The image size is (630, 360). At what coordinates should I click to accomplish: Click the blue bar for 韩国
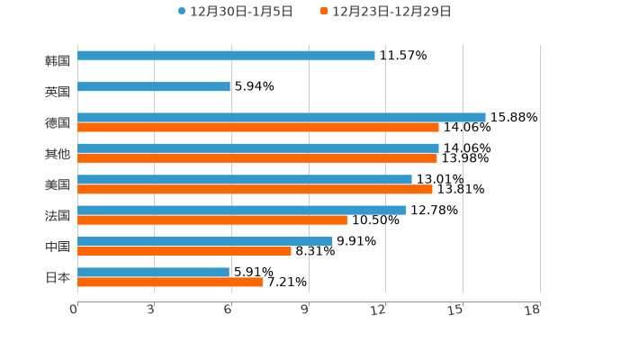[x=226, y=55]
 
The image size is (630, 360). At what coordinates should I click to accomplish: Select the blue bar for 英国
[x=154, y=87]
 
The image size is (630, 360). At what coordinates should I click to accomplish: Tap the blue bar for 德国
[x=282, y=117]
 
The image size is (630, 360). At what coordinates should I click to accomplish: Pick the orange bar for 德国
[x=258, y=127]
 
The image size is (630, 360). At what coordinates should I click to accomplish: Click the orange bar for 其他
[x=257, y=157]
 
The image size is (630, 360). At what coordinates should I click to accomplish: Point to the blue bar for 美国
[x=245, y=179]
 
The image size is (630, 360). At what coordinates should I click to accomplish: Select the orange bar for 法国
[x=212, y=220]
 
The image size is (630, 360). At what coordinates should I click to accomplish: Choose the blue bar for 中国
[x=204, y=241]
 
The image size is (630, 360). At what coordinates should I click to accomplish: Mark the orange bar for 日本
[x=170, y=282]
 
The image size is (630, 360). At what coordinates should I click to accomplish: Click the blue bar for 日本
[x=154, y=272]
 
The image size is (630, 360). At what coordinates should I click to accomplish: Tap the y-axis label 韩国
[x=58, y=60]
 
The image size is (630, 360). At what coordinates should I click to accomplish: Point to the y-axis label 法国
[x=58, y=215]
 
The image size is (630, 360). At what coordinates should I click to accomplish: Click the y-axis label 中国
[x=58, y=247]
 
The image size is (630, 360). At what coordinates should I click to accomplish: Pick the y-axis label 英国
[x=58, y=92]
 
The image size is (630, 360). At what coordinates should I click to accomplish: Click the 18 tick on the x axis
[x=533, y=310]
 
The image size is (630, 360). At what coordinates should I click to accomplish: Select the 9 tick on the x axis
[x=305, y=310]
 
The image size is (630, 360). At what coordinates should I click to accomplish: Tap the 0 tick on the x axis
[x=74, y=310]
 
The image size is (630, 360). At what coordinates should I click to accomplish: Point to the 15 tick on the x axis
[x=455, y=310]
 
